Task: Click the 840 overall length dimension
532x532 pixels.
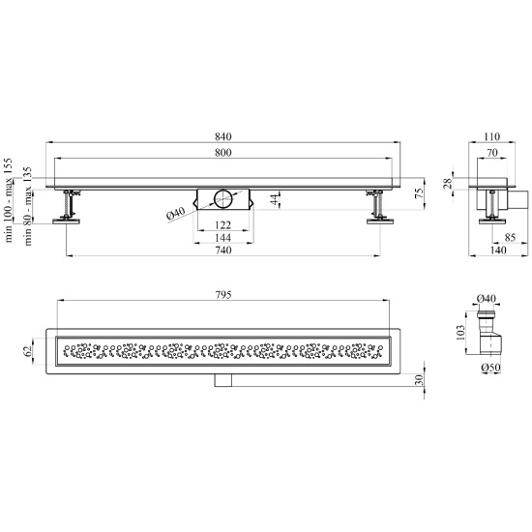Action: (x=223, y=136)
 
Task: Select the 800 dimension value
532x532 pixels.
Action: (x=223, y=153)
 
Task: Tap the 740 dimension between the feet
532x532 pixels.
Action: (x=223, y=251)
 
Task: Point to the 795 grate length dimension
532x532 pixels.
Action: (x=223, y=295)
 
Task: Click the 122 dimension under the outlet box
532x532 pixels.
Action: (x=223, y=225)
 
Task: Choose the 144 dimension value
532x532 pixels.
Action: (x=223, y=238)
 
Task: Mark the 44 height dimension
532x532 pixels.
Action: (x=277, y=199)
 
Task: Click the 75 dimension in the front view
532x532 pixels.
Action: (x=420, y=193)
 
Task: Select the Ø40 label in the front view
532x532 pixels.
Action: (x=175, y=214)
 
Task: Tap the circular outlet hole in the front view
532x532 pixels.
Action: (x=222, y=199)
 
